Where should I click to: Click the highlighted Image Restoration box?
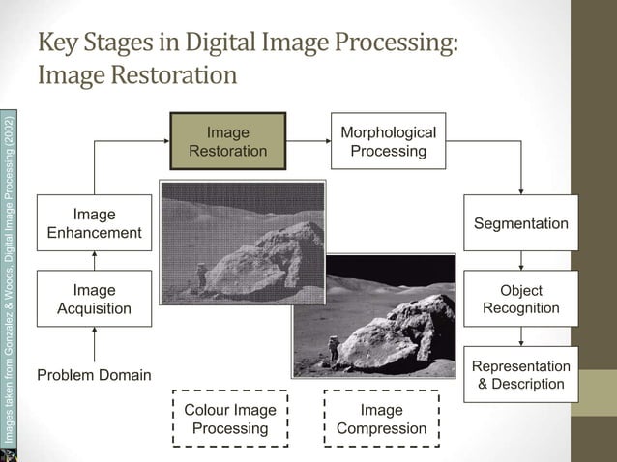pyautogui.click(x=228, y=141)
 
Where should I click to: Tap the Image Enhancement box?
pyautogui.click(x=95, y=223)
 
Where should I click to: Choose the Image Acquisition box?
pyautogui.click(x=95, y=300)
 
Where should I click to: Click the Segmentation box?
pyautogui.click(x=521, y=223)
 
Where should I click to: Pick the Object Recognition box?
pyautogui.click(x=521, y=299)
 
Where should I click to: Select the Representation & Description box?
pyautogui.click(x=521, y=375)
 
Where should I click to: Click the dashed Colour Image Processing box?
pyautogui.click(x=229, y=419)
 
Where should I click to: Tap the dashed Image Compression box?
pyautogui.click(x=381, y=419)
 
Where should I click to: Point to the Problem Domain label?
pyautogui.click(x=94, y=374)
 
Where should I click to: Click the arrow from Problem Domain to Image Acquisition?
pyautogui.click(x=95, y=343)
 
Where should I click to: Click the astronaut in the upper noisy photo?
pyautogui.click(x=201, y=274)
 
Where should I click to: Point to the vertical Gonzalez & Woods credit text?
pyautogui.click(x=9, y=280)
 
